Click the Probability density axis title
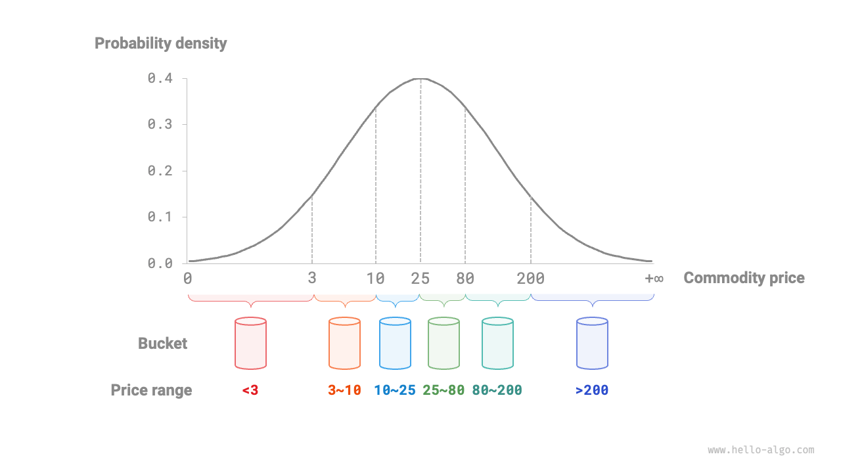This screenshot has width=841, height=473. coord(160,43)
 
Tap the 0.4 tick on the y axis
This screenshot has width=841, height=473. coord(160,78)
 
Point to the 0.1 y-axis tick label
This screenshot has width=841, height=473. coord(160,217)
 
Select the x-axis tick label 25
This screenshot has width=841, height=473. coord(420,279)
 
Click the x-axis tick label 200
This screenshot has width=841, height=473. coord(531,279)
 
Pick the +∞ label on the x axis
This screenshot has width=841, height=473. coord(654,279)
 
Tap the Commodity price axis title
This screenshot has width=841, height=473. coord(744,278)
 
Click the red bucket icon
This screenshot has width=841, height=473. coord(250,343)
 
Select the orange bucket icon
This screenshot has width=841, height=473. coord(344,343)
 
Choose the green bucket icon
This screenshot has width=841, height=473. coord(443,343)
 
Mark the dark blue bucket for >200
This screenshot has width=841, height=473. coord(592,343)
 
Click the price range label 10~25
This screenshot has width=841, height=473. coord(395,390)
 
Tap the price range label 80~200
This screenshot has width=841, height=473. coord(497,390)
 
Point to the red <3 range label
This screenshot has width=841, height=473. coord(250,390)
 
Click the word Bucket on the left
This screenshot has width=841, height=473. coord(162,344)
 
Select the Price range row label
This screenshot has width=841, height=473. coord(151,390)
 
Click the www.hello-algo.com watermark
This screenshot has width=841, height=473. coord(761,450)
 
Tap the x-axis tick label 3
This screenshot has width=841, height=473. coord(312,279)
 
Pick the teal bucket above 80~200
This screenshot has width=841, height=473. coord(497,343)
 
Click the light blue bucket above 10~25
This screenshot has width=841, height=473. coord(395,343)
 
